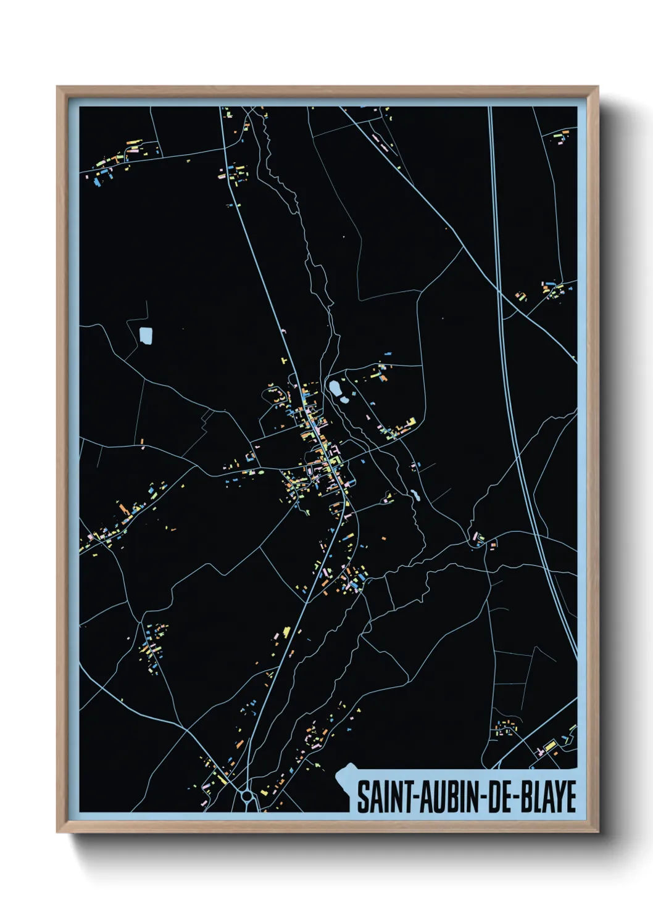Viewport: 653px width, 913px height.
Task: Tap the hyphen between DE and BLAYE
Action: pyautogui.click(x=516, y=798)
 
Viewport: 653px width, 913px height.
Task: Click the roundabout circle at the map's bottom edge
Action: pyautogui.click(x=247, y=796)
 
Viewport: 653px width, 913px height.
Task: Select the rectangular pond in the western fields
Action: pyautogui.click(x=146, y=336)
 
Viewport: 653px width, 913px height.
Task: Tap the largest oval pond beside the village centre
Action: pyautogui.click(x=335, y=388)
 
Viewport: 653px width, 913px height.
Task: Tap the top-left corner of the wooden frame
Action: pyautogui.click(x=57, y=87)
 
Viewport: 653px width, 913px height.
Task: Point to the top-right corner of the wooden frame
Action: pyautogui.click(x=597, y=87)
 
